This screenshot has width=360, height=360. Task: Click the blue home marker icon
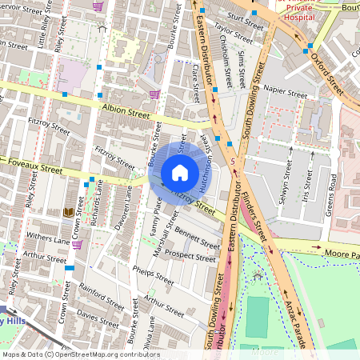point(180,173)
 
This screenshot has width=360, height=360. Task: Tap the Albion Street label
point(126,110)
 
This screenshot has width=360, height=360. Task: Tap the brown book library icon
point(69,213)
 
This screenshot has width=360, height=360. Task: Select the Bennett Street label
point(192,238)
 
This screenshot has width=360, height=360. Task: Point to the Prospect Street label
point(190,258)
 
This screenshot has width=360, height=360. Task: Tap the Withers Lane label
point(49,238)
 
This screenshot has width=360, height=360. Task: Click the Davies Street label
point(99,318)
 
